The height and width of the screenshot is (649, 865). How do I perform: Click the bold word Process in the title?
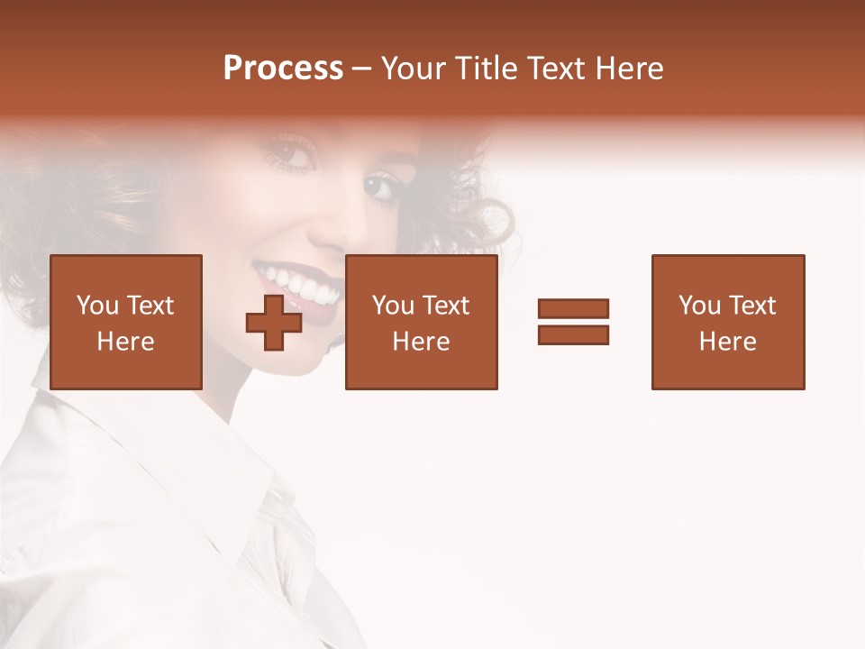283,69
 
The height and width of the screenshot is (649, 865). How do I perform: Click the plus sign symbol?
274,322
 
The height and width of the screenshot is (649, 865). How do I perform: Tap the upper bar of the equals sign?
573,308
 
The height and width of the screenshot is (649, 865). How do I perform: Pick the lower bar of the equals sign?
573,334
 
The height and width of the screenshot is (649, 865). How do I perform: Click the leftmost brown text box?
125,322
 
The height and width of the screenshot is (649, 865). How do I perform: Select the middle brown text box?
421,322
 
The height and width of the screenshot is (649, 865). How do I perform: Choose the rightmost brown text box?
727,322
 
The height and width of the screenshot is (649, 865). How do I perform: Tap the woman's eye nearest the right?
383,187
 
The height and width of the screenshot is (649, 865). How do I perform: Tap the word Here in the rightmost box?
727,342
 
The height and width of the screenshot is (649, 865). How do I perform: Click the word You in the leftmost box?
97,306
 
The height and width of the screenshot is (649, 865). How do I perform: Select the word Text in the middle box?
446,306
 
